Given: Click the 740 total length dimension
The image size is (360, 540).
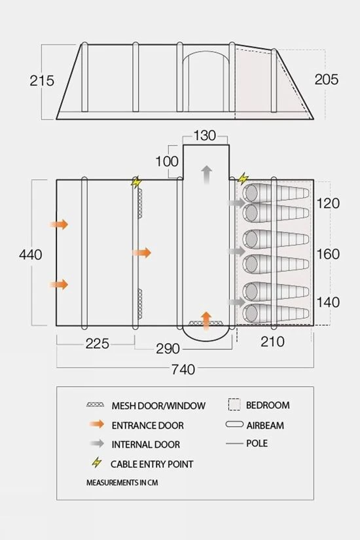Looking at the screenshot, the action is point(183,369).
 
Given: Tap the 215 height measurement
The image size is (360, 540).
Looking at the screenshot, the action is point(42,81).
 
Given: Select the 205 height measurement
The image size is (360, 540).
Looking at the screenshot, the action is point(326,79).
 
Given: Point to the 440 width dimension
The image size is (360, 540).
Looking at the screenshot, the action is point(31,255).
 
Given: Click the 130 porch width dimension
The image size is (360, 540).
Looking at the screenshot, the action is point(205,135).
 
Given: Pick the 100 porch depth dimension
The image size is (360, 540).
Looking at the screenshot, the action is point(167,161).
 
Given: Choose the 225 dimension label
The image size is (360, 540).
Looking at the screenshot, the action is point(97,344).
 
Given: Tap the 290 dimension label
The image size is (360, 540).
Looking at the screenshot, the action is point(168,348).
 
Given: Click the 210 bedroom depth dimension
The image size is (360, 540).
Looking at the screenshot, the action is point(272,342).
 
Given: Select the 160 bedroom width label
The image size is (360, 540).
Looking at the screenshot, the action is point(328,254).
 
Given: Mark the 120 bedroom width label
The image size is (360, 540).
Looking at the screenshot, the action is point(328,203).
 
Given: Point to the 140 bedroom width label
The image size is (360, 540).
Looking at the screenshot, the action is point(328,302).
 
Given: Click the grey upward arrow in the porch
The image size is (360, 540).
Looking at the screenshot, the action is point(206,175).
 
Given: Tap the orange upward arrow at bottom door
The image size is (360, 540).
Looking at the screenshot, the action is point(206,321).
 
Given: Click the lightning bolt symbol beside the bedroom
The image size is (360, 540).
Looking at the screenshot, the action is point(243,179).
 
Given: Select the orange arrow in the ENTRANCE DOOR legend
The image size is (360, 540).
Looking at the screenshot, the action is point(97,424).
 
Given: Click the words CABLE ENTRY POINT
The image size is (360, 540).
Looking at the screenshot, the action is point(152,464).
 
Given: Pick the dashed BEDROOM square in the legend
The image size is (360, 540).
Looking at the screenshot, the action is point(234,405).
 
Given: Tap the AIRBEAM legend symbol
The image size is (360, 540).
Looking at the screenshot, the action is point(234,424).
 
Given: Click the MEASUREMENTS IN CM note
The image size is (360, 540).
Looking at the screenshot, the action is point(122,482).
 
